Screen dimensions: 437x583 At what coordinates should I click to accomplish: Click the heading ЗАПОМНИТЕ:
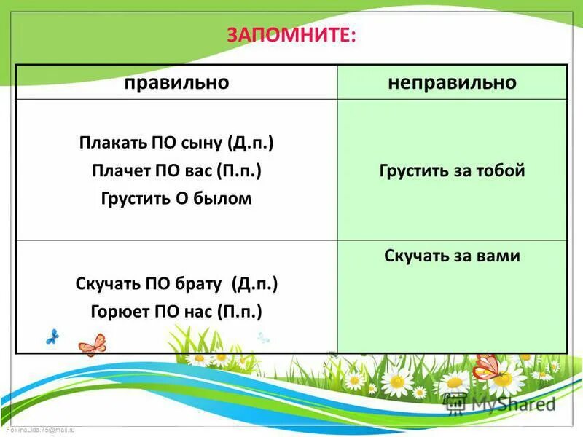292,35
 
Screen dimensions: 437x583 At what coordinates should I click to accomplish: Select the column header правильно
176,82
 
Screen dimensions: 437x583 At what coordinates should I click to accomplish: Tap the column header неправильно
452,82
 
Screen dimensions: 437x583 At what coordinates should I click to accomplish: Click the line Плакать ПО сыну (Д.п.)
176,142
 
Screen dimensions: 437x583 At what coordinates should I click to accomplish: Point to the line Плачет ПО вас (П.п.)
176,170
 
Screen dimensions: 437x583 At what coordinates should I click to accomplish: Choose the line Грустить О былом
176,198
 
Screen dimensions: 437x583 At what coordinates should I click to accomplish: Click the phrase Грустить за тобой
452,171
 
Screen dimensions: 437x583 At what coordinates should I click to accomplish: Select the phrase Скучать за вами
452,256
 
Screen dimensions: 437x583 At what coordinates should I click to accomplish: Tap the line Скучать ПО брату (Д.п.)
176,283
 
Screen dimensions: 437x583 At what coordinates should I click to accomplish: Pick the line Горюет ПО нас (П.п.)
176,312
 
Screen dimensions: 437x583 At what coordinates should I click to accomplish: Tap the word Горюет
119,312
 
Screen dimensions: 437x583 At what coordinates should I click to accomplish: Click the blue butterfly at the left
52,336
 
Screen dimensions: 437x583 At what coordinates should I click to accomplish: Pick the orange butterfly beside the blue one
92,344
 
